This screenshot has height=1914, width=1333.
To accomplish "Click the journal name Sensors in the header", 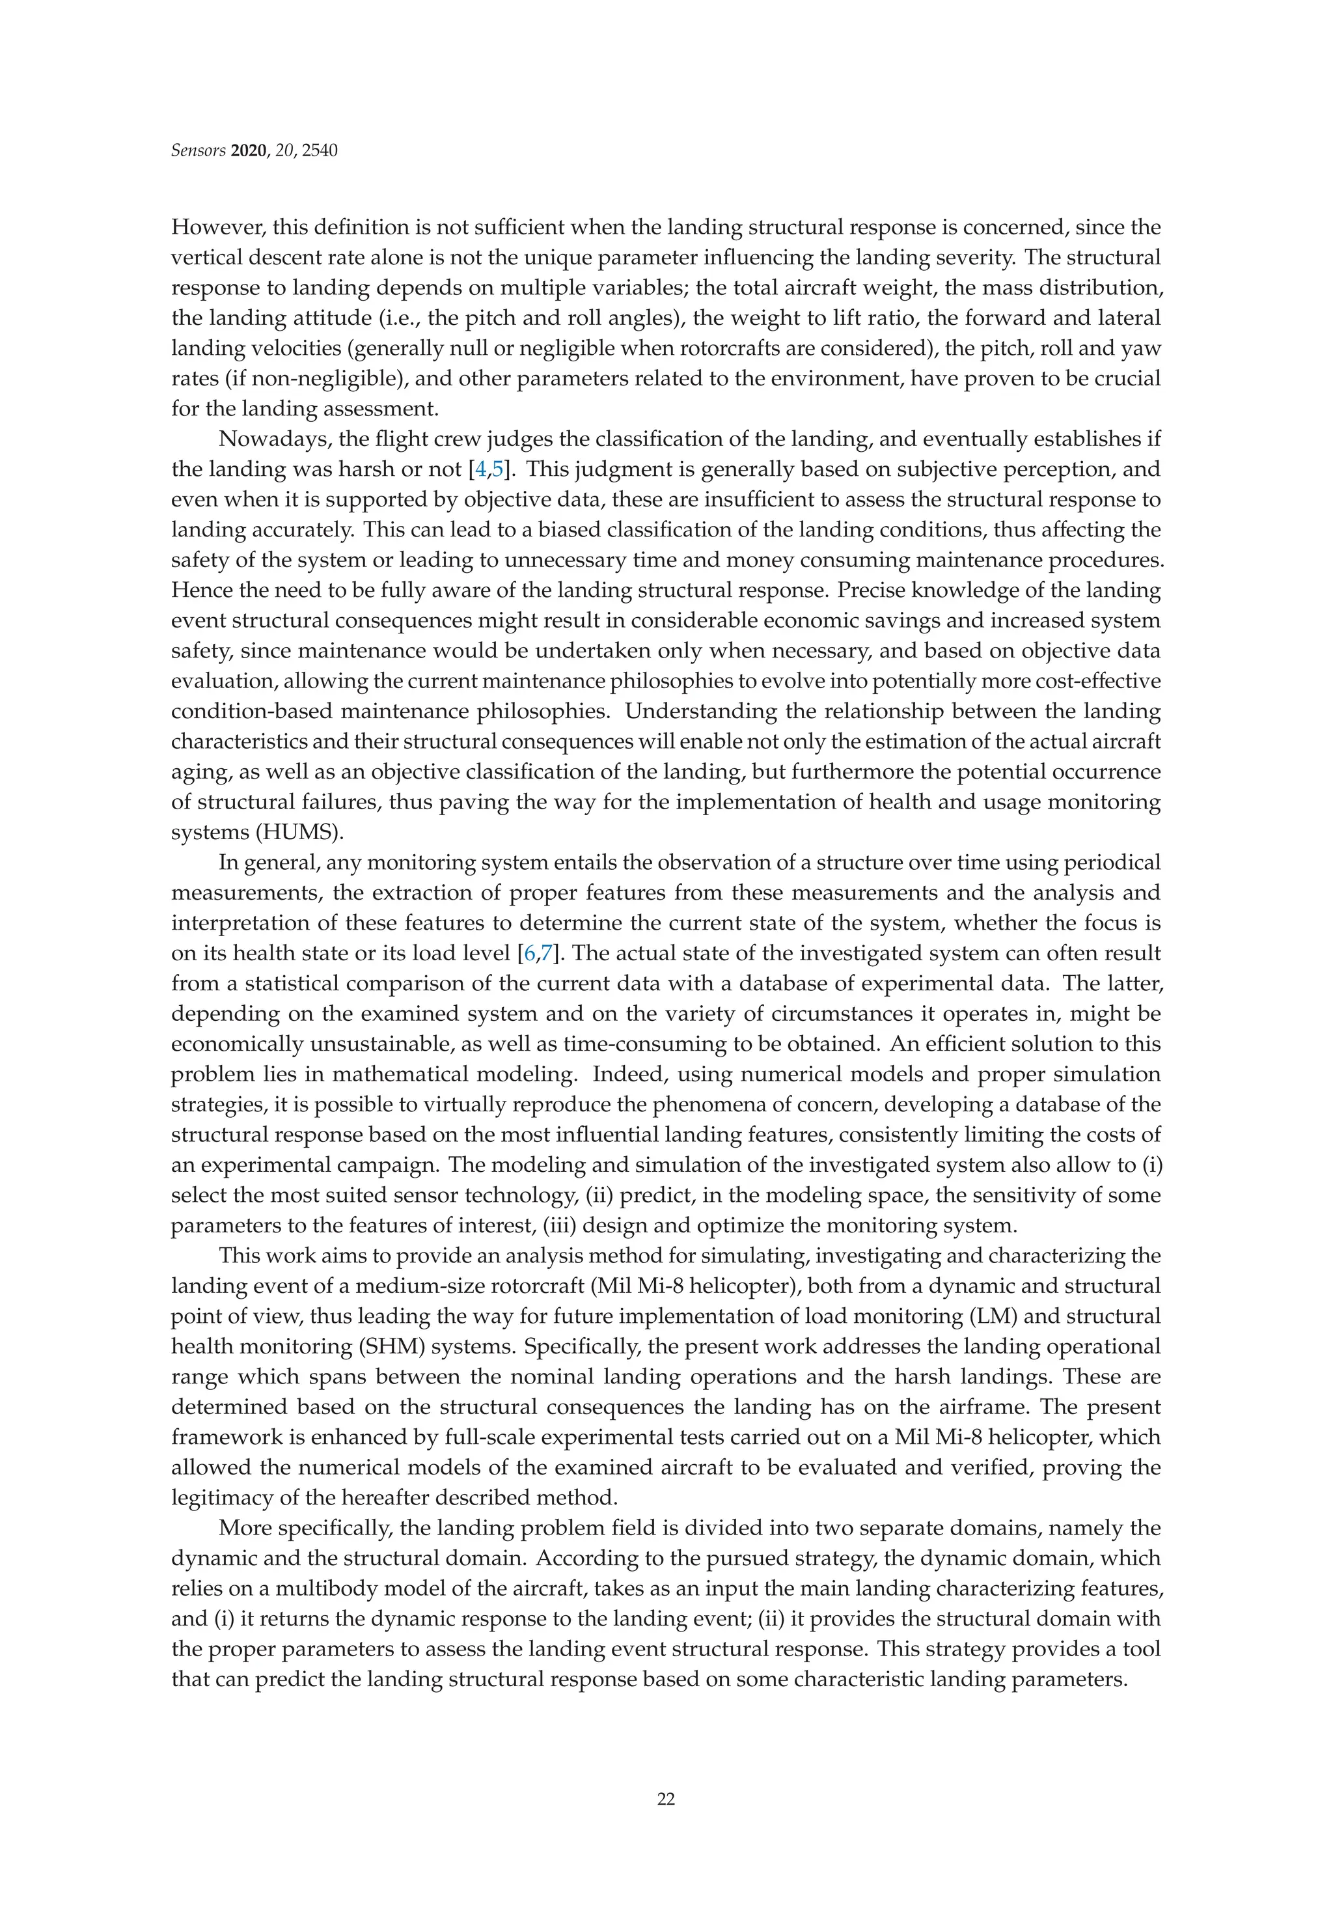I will tap(196, 151).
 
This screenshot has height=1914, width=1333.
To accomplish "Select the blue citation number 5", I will tap(498, 469).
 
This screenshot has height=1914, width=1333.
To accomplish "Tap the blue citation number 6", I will tap(531, 954).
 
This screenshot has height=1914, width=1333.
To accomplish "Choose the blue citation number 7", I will tap(547, 954).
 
